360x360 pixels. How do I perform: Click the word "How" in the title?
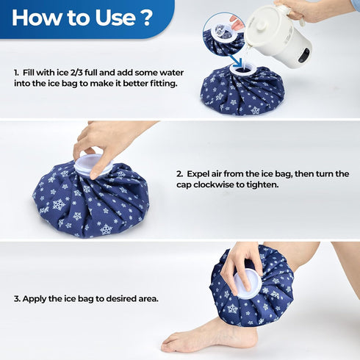click(x=37, y=18)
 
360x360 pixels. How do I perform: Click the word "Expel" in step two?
click(x=200, y=173)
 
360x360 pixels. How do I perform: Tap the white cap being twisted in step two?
click(x=93, y=164)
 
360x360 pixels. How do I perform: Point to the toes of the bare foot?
click(x=170, y=342)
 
